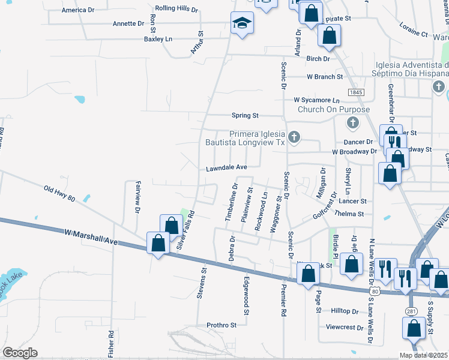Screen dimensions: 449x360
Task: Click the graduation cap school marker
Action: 243,23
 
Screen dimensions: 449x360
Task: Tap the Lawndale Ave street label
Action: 227,167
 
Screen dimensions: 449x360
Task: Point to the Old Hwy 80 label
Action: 59,193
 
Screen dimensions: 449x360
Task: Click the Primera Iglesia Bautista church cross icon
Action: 294,137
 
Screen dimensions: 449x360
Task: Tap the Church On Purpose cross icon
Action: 353,122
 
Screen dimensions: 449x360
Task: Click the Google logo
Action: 19,353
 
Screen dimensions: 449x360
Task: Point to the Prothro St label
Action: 222,325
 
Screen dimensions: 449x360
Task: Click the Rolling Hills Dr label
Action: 176,9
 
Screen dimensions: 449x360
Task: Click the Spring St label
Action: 245,115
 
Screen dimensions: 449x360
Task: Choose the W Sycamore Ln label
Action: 316,100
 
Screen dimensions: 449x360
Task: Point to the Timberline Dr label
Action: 231,202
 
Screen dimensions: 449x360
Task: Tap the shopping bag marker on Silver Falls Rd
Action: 172,224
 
